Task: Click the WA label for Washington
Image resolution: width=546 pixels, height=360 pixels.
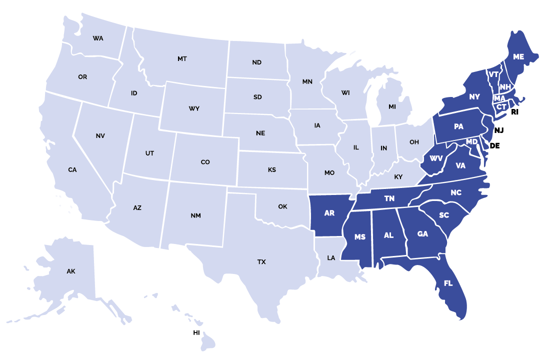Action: click(x=98, y=38)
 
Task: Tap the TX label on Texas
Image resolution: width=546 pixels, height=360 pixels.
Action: click(x=261, y=262)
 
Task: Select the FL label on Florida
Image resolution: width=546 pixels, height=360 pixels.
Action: click(x=448, y=283)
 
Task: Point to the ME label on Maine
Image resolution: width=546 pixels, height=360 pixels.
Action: click(x=518, y=57)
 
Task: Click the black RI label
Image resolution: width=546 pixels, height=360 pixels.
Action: click(x=515, y=112)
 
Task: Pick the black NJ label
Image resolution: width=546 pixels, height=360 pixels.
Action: click(x=498, y=130)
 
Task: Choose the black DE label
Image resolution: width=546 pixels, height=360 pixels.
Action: click(x=494, y=146)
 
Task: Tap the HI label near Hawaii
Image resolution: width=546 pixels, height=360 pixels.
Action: click(x=196, y=332)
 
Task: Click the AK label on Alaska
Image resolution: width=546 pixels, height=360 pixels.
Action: click(x=70, y=271)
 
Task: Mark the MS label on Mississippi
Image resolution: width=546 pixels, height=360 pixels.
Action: click(x=360, y=237)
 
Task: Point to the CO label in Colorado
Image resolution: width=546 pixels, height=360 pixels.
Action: click(x=205, y=162)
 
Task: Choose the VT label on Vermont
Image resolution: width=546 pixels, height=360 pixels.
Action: click(x=493, y=74)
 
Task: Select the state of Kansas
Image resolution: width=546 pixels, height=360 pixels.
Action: click(x=272, y=170)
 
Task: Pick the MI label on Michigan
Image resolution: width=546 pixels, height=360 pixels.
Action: click(x=392, y=107)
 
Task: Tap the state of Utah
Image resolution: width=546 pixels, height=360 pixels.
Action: click(x=149, y=153)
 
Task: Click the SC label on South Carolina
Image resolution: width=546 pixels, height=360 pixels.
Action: click(x=444, y=215)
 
